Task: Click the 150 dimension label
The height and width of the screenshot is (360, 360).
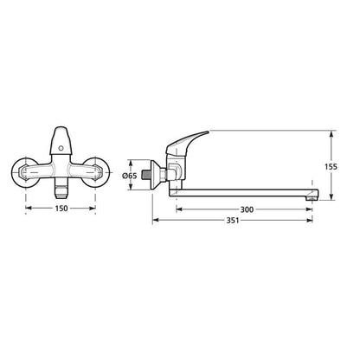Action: tap(61, 208)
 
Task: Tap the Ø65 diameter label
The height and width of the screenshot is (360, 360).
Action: tap(129, 176)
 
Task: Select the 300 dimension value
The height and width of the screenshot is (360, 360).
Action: tap(247, 209)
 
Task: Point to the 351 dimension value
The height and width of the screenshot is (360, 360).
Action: tap(233, 221)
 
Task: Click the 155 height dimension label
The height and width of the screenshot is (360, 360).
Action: tap(331, 167)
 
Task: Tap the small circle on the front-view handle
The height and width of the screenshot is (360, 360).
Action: tap(61, 149)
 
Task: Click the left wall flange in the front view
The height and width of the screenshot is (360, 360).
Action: tap(25, 173)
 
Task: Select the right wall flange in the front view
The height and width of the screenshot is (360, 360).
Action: tap(96, 173)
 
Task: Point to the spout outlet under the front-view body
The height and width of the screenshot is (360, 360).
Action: tap(61, 191)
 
